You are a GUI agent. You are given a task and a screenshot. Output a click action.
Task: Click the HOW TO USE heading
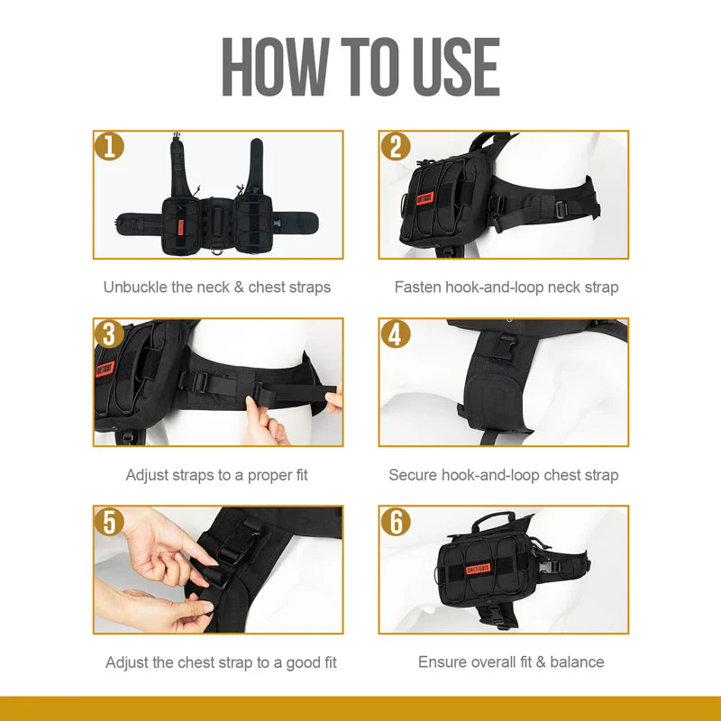[x=360, y=68]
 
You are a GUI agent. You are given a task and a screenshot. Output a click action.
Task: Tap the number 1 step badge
[x=109, y=147]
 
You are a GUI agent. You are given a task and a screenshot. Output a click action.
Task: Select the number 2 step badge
[x=395, y=147]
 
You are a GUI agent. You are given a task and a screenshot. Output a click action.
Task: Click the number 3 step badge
[x=109, y=334]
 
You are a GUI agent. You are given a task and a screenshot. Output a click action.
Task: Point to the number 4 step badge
[x=395, y=334]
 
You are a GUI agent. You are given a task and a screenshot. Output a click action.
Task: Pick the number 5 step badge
[x=109, y=522]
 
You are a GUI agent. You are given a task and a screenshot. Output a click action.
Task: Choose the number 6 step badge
[x=395, y=522]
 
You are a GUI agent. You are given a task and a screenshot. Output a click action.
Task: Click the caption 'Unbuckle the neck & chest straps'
[x=217, y=287]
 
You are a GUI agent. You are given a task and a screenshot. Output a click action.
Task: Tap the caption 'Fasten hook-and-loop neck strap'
[x=507, y=287]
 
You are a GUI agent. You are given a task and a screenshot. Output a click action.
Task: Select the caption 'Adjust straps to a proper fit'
[x=217, y=475]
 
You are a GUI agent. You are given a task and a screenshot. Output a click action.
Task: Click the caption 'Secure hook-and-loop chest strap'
[x=504, y=475]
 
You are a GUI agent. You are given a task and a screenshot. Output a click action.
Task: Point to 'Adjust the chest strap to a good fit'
[x=221, y=662]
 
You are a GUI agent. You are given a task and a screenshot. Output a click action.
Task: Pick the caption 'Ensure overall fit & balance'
[x=511, y=662]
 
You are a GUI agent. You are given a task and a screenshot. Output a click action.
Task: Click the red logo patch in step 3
[x=104, y=370]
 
